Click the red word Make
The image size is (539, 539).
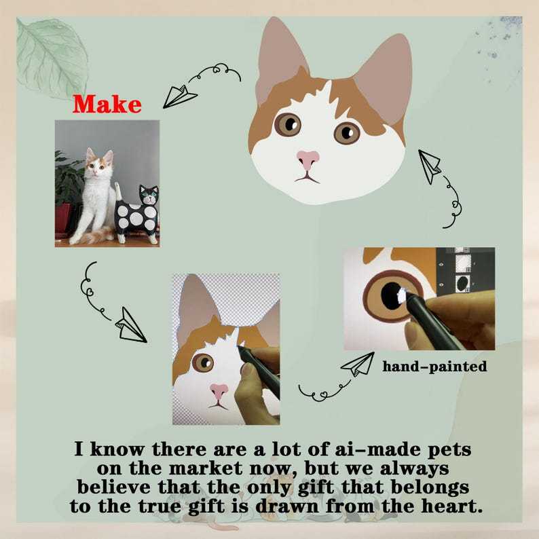pos(107,104)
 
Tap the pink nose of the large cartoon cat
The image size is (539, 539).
pos(308,159)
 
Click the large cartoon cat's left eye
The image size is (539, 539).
pos(288,124)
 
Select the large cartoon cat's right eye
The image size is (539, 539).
pos(347,133)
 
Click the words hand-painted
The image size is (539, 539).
pos(434,367)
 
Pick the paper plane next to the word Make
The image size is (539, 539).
pos(179,96)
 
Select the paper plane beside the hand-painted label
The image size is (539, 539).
pos(358,365)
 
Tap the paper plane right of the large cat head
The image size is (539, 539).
pos(430,166)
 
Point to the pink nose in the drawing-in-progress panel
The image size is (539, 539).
pos(219,391)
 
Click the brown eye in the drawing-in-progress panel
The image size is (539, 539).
pos(203,363)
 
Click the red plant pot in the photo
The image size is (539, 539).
pos(63,219)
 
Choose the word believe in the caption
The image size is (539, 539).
pos(114,487)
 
